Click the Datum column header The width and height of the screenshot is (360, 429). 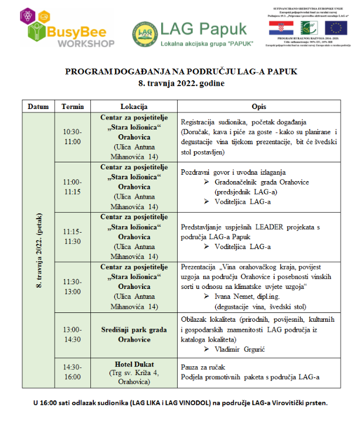point(38,106)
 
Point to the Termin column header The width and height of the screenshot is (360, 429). point(73,106)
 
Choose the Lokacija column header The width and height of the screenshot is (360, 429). point(134,106)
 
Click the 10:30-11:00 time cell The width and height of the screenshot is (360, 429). point(73,137)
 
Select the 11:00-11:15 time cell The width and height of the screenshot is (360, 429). point(73,186)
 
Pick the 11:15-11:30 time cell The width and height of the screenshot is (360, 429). point(73,236)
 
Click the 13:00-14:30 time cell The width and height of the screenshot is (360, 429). point(73,334)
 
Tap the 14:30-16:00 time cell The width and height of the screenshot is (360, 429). point(73,371)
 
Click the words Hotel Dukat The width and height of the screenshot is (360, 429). point(134,363)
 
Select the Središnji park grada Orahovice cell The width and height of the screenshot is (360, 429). point(134,334)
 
